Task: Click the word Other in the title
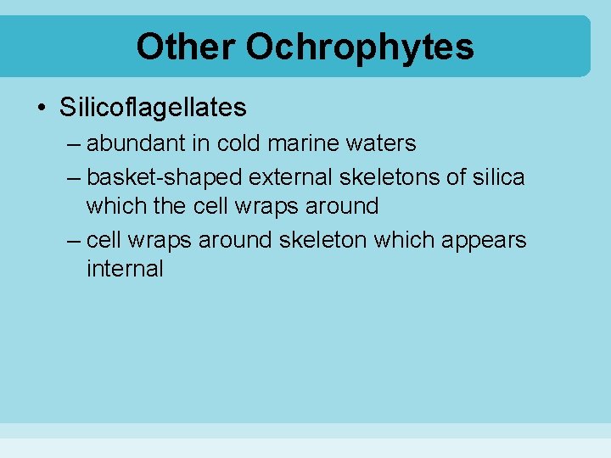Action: pos(185,47)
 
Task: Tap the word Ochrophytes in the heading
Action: pos(360,48)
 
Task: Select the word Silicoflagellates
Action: pos(154,108)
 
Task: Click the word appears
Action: pos(486,241)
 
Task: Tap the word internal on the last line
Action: pos(125,269)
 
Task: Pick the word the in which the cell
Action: pos(175,206)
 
